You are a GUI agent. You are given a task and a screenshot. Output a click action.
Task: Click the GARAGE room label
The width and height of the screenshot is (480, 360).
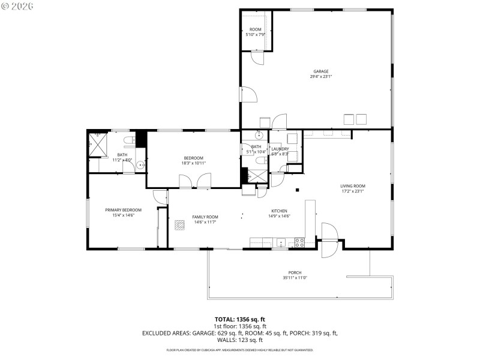(x=320, y=71)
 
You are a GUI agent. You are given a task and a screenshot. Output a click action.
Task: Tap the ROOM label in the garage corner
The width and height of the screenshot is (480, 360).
(x=256, y=30)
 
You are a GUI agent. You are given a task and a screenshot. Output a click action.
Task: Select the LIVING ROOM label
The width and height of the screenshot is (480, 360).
(x=353, y=186)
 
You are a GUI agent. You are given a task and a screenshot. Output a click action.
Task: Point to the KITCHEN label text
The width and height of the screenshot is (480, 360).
(x=279, y=211)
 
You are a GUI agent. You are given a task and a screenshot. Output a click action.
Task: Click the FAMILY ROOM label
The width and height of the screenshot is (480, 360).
(x=205, y=217)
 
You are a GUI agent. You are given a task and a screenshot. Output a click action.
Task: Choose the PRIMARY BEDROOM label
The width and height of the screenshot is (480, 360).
(x=123, y=210)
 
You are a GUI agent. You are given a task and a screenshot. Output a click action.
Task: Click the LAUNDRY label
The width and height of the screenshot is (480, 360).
(x=280, y=149)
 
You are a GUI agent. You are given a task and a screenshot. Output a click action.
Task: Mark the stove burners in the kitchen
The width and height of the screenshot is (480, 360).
(x=299, y=242)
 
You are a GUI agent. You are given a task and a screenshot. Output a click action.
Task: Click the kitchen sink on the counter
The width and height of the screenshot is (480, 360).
(x=281, y=243)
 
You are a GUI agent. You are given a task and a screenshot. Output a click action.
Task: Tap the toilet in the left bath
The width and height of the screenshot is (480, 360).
(x=127, y=142)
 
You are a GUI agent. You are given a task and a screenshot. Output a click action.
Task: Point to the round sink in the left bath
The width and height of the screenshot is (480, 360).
(x=140, y=165)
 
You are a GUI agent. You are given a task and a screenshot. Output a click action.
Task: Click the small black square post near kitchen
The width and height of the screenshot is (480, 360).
(x=297, y=190)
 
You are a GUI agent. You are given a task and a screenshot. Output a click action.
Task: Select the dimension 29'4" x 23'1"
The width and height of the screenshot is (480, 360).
(x=320, y=77)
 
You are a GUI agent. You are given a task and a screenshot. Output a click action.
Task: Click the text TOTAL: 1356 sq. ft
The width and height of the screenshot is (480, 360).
(x=240, y=319)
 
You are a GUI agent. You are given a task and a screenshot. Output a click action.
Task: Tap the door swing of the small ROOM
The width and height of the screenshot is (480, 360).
(x=257, y=59)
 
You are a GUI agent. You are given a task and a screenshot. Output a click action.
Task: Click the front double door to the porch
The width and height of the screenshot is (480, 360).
(x=329, y=240)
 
